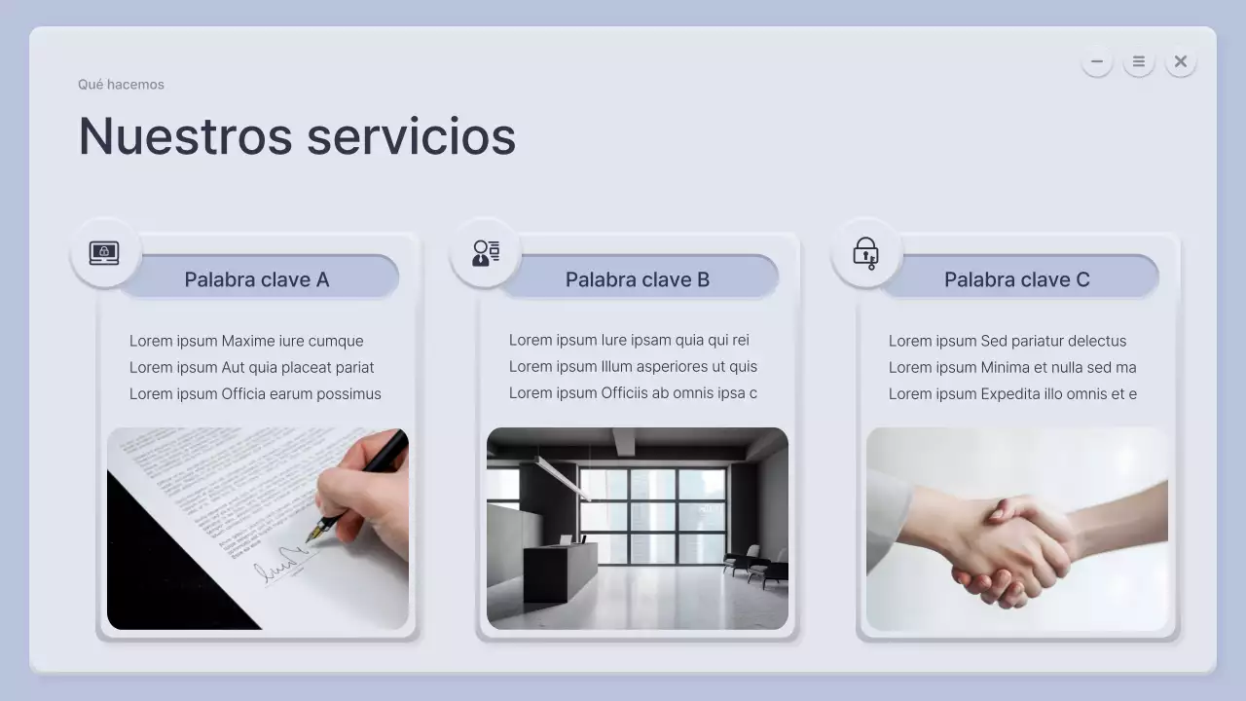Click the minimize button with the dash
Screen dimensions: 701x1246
tap(1097, 62)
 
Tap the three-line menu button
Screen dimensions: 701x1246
tap(1139, 62)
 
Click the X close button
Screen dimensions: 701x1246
tap(1181, 62)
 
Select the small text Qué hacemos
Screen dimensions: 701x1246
tap(121, 85)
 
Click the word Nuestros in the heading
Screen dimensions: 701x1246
tap(185, 135)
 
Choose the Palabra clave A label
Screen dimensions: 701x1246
tap(257, 279)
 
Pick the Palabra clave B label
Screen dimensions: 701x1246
tap(637, 279)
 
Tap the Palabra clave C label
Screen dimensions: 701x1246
tap(1016, 279)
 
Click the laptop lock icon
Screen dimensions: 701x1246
tap(104, 253)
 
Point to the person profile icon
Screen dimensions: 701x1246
tap(486, 253)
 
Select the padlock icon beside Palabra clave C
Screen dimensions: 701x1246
tap(865, 253)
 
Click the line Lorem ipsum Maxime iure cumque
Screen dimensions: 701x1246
tap(246, 341)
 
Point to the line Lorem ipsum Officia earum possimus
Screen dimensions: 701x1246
tap(255, 393)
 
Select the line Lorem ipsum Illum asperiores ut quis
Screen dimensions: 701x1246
tap(633, 367)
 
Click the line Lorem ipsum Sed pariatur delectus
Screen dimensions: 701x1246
tap(1008, 341)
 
